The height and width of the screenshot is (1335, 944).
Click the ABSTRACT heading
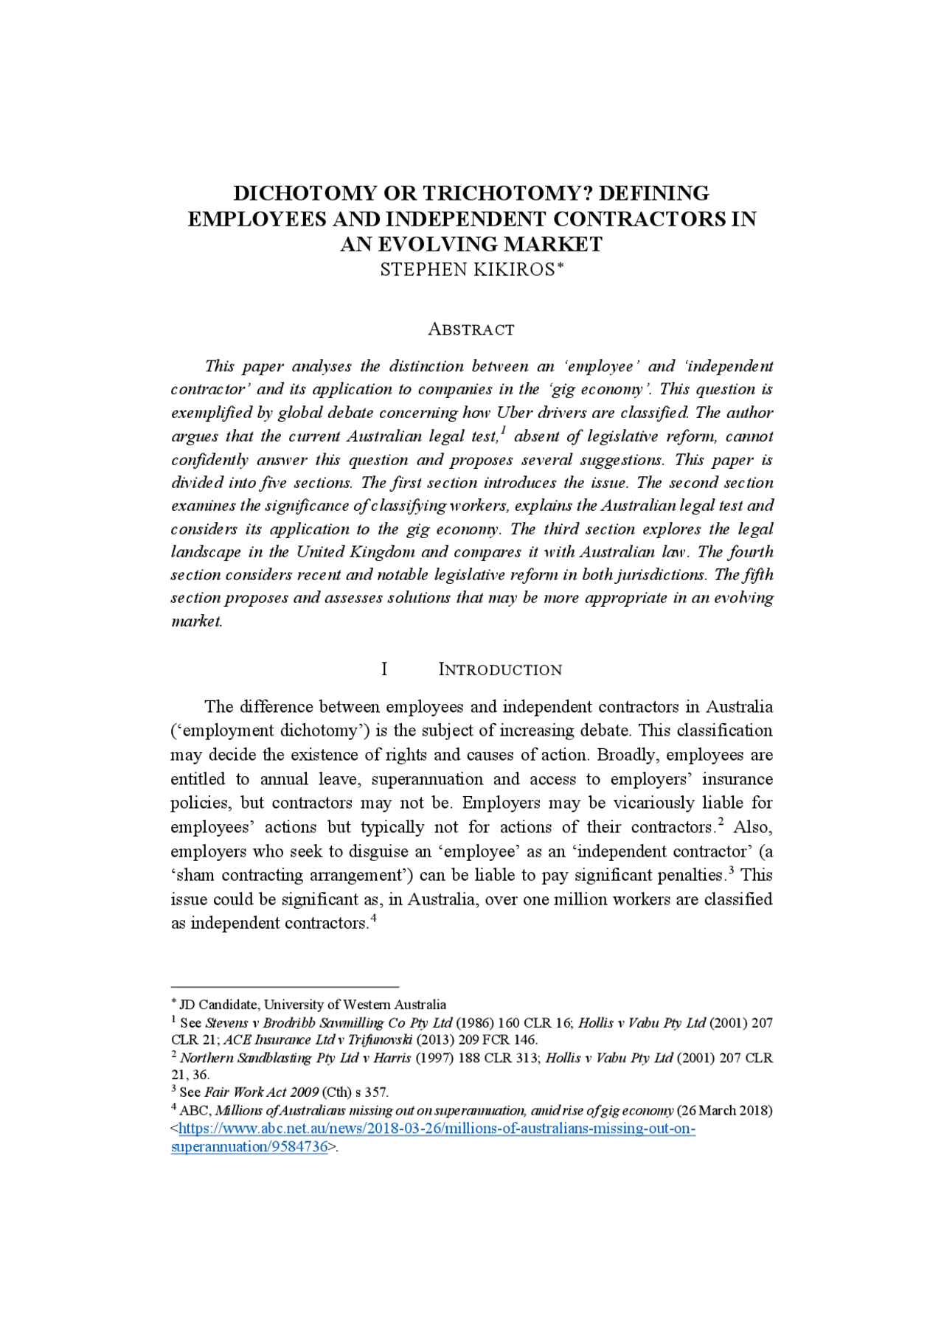[471, 330]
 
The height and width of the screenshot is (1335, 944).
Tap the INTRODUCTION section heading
[500, 669]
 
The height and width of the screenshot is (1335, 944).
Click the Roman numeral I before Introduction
[383, 669]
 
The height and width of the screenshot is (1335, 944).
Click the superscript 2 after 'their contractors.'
[721, 820]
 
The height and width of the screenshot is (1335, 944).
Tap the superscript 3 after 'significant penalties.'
[731, 869]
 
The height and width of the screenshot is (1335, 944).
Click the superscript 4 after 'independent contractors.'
[374, 918]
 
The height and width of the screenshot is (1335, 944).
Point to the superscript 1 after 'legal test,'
[503, 430]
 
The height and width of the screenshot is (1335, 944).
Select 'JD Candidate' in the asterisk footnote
[219, 1005]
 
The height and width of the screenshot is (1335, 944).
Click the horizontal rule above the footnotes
[285, 986]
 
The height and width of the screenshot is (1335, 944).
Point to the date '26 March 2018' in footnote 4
[724, 1110]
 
